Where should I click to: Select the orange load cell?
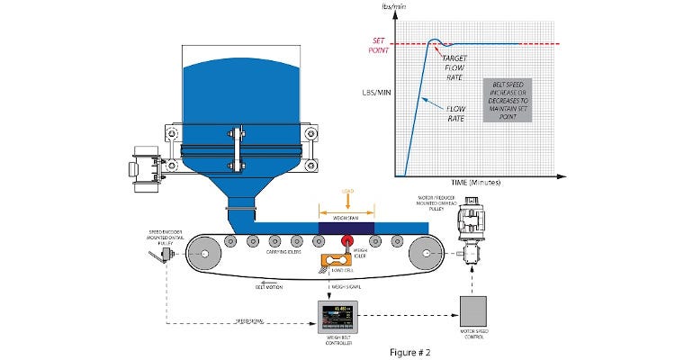click(x=341, y=263)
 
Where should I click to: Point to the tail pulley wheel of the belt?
click(x=204, y=254)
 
